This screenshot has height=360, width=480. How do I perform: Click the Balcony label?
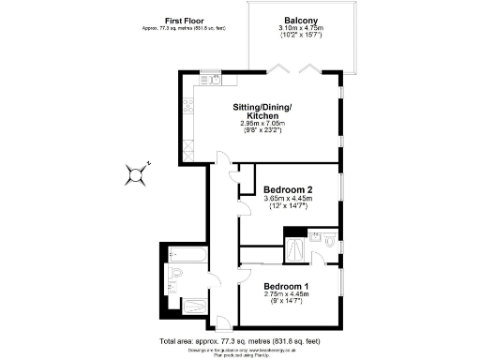301,20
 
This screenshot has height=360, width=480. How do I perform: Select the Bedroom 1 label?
286,286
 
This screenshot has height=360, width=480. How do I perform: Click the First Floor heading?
186,20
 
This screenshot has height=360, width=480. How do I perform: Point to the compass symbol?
137,172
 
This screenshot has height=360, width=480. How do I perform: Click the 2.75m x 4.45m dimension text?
286,294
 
